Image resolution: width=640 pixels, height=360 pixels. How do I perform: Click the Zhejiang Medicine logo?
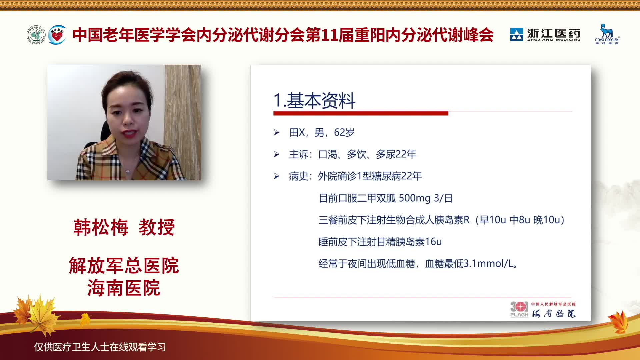(x=545, y=35)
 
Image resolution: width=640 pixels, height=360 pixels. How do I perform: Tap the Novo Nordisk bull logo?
(x=607, y=34)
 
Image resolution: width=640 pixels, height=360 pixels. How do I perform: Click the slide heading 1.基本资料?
(x=314, y=101)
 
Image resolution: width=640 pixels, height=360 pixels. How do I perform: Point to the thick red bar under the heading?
(x=361, y=113)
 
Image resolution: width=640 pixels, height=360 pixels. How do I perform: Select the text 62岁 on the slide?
(x=344, y=132)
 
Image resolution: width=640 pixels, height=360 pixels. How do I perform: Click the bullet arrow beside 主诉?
(x=277, y=154)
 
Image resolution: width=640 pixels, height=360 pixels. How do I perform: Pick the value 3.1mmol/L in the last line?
(x=489, y=264)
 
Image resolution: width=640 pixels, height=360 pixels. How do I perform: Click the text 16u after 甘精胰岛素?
(x=433, y=242)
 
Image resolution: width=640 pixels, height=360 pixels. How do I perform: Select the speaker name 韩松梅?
(x=101, y=227)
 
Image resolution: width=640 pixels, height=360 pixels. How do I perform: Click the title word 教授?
(x=157, y=227)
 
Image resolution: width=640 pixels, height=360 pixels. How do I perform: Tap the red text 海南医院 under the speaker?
(x=124, y=288)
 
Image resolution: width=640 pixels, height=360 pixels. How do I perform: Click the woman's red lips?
(x=129, y=134)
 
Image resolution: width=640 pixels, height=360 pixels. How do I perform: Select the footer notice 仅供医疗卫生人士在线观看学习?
(x=100, y=347)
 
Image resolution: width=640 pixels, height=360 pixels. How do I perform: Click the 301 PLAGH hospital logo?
(x=519, y=309)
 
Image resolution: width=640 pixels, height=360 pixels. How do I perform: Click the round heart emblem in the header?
(x=57, y=35)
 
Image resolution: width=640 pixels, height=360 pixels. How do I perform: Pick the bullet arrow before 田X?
(x=277, y=133)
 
